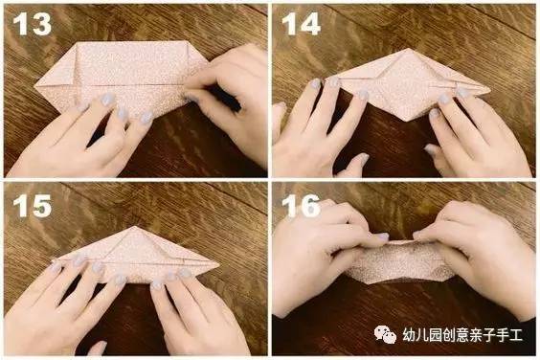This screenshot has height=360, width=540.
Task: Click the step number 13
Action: coord(32,23)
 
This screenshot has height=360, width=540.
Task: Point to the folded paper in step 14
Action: coord(402,81)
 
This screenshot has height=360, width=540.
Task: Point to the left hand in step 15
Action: coord(67,306)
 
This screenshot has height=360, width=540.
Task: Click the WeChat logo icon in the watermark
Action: coord(386,335)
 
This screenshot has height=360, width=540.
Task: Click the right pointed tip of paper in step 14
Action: coord(488,93)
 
